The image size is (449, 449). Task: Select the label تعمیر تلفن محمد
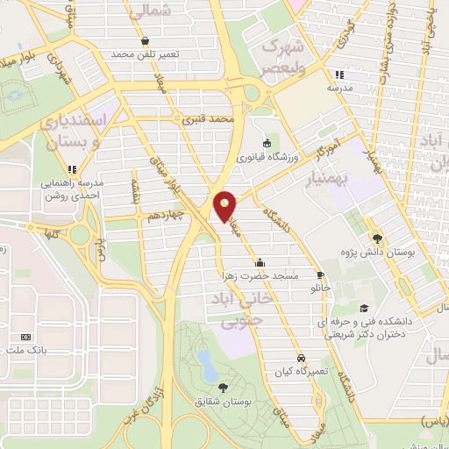[145, 54]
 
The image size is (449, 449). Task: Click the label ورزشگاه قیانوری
[267, 158]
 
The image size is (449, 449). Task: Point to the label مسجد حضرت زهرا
[260, 276]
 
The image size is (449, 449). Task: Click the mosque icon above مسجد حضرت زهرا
[260, 262]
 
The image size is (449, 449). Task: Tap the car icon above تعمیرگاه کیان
[301, 359]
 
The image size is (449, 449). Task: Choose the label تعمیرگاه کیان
[301, 372]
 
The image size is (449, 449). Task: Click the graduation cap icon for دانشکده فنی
[363, 308]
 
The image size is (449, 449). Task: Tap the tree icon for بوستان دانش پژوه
[378, 238]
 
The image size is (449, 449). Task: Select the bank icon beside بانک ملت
[25, 338]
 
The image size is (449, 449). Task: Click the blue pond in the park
[207, 360]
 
